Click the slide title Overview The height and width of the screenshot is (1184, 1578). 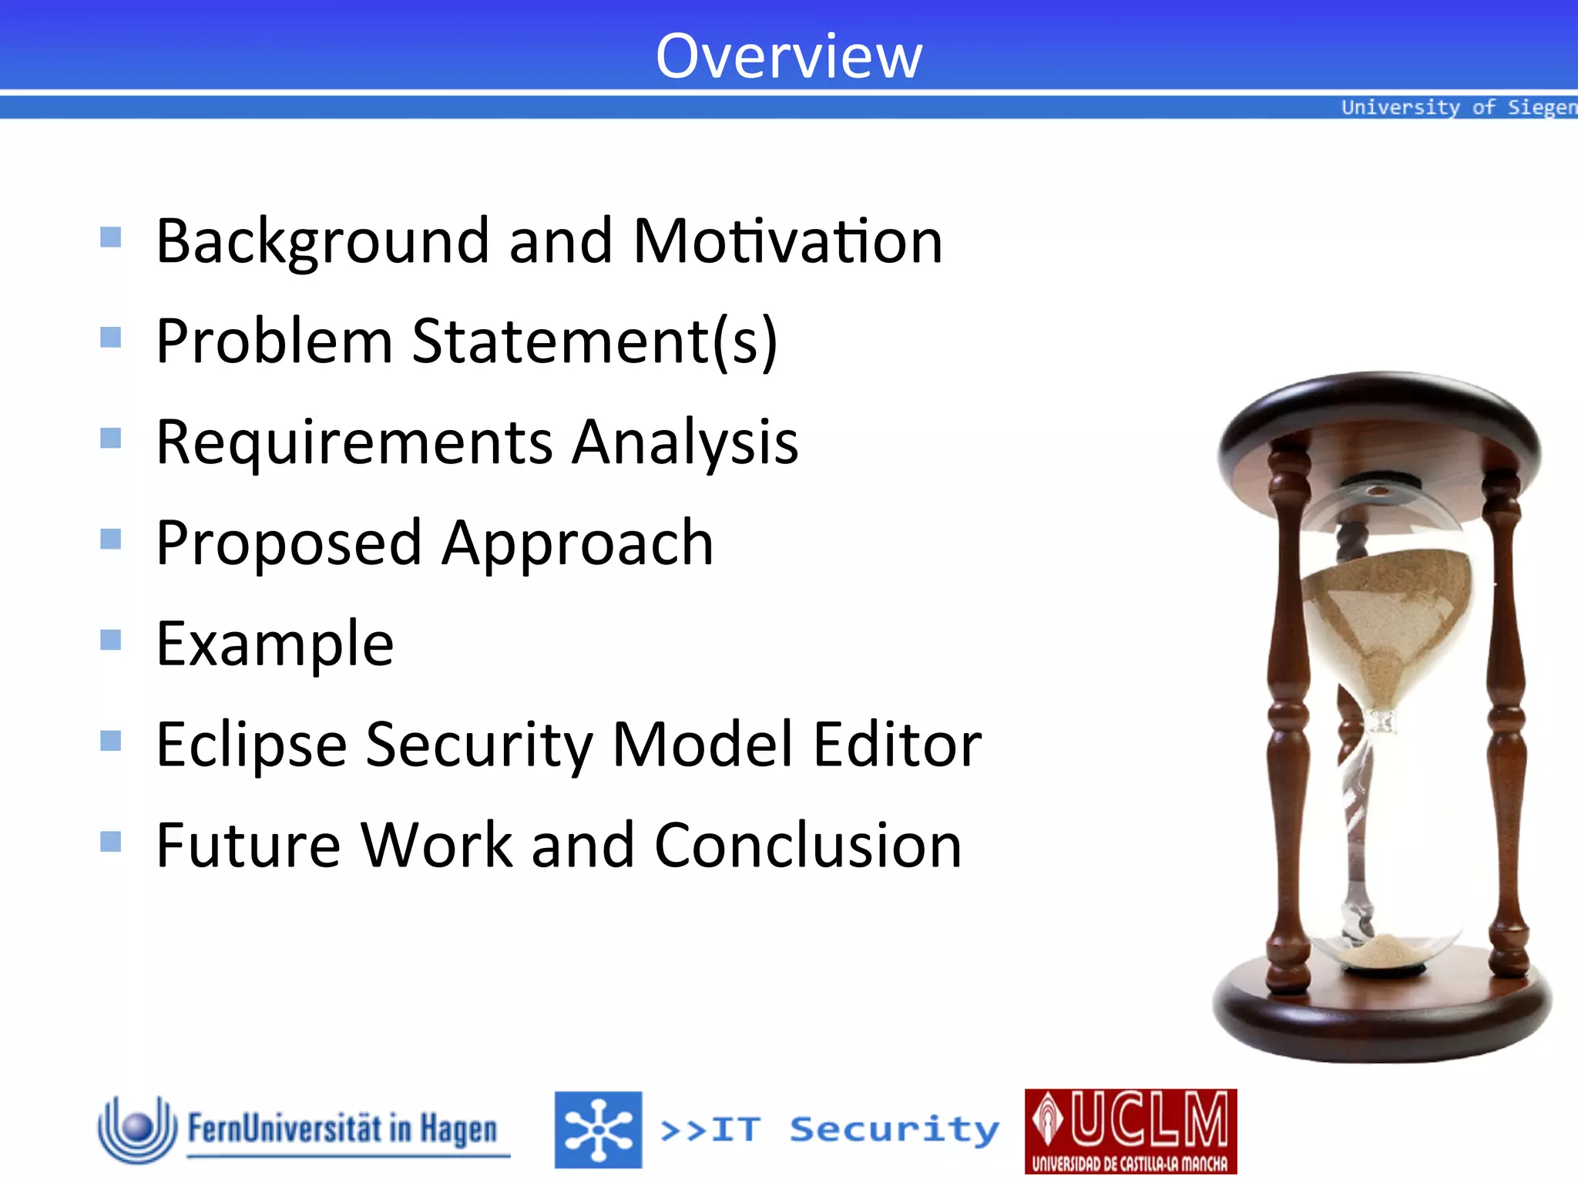(x=788, y=56)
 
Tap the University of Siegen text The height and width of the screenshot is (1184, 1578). (x=1459, y=107)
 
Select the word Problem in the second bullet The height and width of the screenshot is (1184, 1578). (x=274, y=341)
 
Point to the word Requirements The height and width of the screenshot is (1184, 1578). (x=354, y=442)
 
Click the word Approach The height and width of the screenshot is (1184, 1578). (x=578, y=543)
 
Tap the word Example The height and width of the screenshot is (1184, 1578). (x=275, y=644)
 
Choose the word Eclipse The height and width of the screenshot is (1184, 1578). (x=251, y=745)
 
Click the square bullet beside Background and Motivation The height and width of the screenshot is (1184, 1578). (x=111, y=237)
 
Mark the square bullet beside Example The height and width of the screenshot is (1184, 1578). (x=111, y=640)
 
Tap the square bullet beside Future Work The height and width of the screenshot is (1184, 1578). (x=111, y=841)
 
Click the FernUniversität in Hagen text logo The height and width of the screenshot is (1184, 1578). (x=343, y=1129)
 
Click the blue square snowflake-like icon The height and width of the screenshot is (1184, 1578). (x=598, y=1130)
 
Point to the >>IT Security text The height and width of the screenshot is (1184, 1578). (x=829, y=1130)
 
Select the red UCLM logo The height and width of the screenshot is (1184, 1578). (x=1130, y=1131)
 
